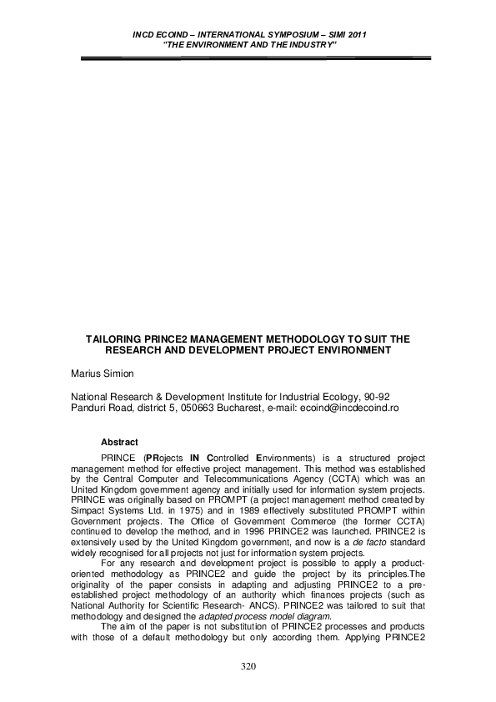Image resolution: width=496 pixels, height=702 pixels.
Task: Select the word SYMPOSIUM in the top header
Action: (281, 33)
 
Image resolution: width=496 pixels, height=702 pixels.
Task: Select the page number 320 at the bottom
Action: (248, 668)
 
